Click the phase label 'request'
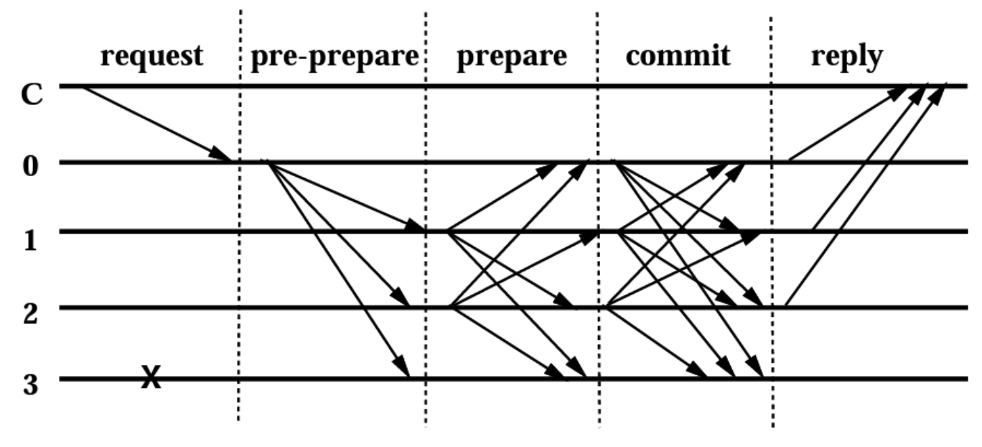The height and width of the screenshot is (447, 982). tap(151, 56)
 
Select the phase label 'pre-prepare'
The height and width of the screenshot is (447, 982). tap(334, 56)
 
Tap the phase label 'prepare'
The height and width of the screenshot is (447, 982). tap(512, 56)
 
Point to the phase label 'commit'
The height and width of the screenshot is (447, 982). tap(678, 56)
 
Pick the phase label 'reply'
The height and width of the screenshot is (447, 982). tap(847, 56)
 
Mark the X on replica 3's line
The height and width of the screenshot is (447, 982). tap(150, 377)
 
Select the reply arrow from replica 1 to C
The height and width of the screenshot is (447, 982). tap(869, 158)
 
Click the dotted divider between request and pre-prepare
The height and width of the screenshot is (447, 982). tap(239, 216)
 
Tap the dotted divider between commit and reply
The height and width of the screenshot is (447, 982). tap(772, 216)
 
